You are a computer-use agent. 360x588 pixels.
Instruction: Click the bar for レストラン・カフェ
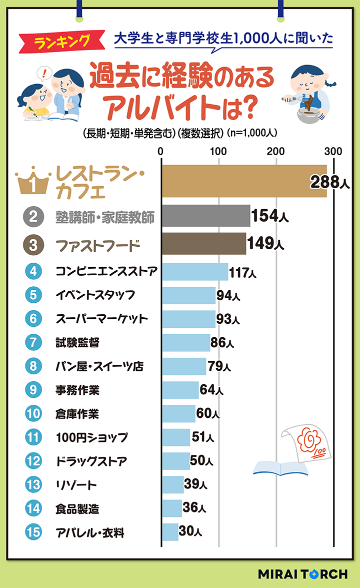click(244, 181)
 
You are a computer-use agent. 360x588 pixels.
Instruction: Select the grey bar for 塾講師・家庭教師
click(205, 216)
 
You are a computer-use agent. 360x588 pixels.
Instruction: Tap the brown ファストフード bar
click(203, 244)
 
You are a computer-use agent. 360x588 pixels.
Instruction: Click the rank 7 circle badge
click(33, 342)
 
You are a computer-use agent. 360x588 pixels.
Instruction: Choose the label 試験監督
click(77, 342)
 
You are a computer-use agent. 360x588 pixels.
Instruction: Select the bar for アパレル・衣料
click(170, 532)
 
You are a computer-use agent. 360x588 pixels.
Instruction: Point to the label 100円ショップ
click(91, 437)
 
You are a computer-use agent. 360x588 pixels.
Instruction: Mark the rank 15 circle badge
click(33, 532)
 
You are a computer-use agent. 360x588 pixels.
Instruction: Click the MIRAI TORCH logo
click(302, 574)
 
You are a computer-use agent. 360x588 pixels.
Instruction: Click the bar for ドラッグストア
click(175, 461)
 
